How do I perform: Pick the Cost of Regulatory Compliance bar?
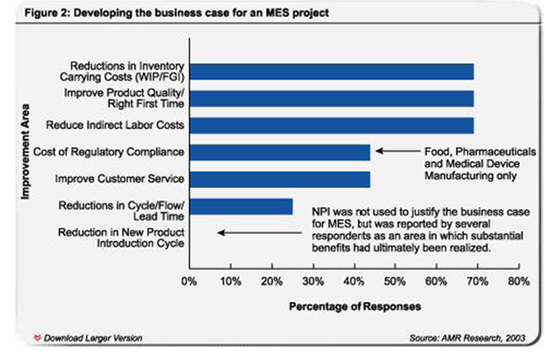point(279,151)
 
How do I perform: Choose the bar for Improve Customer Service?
point(279,178)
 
